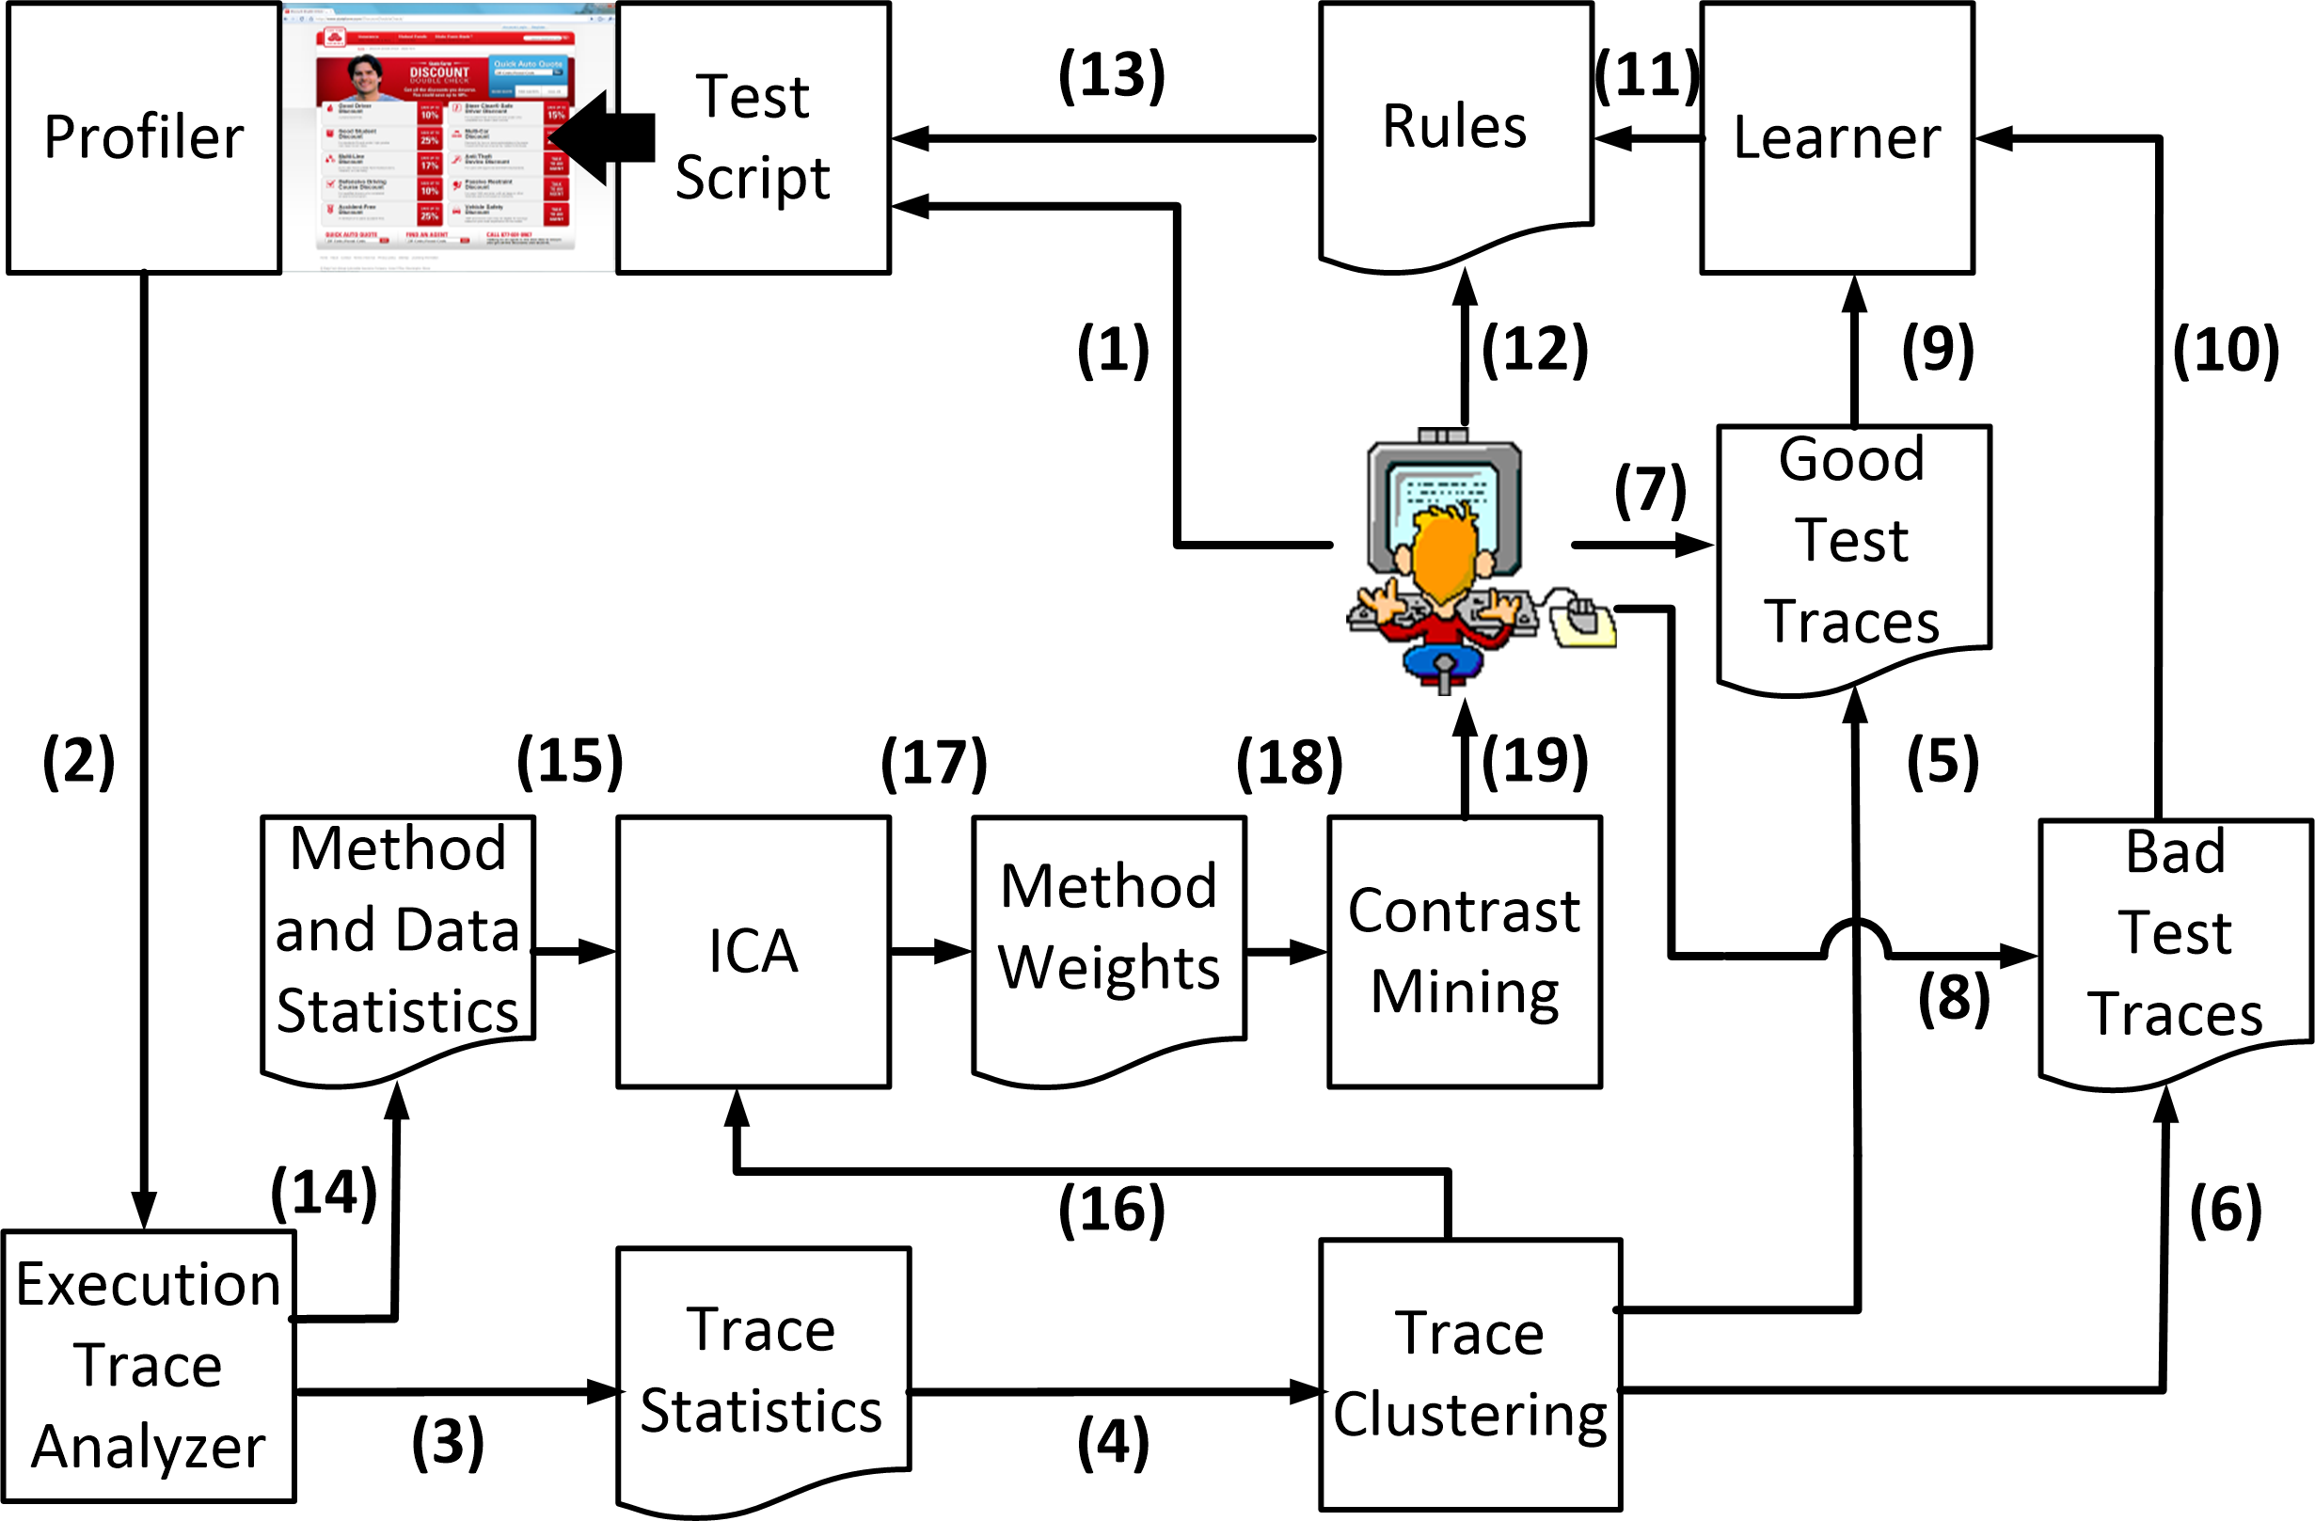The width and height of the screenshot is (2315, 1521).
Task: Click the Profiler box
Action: click(x=144, y=137)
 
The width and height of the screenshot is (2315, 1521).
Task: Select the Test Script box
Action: click(x=753, y=137)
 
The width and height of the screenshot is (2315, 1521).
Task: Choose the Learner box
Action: click(x=1836, y=137)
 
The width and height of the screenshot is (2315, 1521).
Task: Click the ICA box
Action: click(x=753, y=951)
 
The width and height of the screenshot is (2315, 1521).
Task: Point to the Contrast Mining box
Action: click(x=1464, y=951)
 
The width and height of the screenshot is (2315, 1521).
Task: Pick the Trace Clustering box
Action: click(x=1469, y=1373)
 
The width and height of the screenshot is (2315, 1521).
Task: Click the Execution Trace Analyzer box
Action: click(x=148, y=1366)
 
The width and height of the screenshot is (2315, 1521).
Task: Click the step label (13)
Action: click(x=1112, y=75)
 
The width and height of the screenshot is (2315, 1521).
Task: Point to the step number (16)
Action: click(x=1112, y=1210)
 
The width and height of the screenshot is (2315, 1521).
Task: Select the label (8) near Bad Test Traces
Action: click(x=1953, y=998)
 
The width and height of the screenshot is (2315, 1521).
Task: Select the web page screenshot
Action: click(x=448, y=137)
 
